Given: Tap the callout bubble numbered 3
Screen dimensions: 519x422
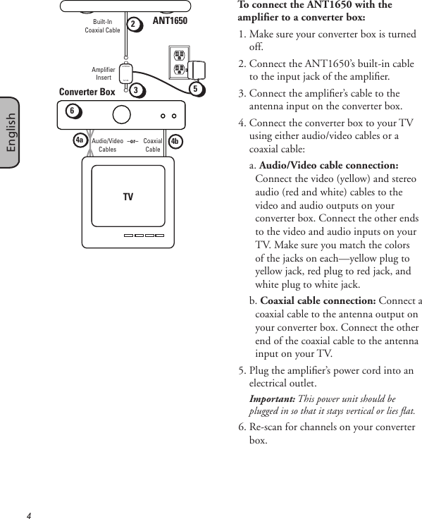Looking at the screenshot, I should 137,90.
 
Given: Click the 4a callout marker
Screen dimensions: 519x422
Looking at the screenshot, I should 80,140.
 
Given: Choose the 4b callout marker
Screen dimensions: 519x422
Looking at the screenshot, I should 175,140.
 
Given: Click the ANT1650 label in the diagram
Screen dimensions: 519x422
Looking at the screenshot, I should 170,21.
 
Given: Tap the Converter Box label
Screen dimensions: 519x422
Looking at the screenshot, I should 87,92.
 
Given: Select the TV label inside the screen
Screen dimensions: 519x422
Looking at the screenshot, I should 128,197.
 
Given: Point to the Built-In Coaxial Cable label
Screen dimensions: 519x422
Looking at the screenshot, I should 103,26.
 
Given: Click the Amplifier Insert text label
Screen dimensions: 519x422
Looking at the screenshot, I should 103,73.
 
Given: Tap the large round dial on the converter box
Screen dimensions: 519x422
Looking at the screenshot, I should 120,114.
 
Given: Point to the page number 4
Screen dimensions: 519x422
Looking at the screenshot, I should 28,515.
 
